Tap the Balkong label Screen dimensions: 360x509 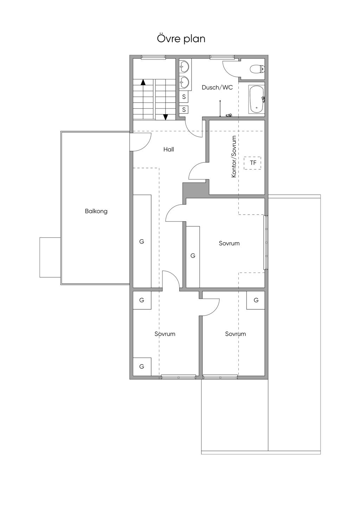[x=96, y=211]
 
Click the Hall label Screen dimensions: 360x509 [x=169, y=149]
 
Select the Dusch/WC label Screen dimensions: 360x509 [x=217, y=88]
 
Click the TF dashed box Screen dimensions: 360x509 [x=252, y=163]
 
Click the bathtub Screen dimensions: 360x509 [x=257, y=99]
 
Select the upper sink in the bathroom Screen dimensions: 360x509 [x=184, y=67]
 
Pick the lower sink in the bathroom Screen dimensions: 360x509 [x=184, y=81]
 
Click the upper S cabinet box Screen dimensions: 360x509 [x=184, y=97]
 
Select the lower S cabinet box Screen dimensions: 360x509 [x=184, y=109]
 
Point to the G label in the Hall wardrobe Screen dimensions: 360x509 [x=142, y=241]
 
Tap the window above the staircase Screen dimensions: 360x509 [x=153, y=57]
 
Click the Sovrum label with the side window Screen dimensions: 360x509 [x=229, y=243]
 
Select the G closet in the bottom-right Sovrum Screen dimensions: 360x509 [x=256, y=300]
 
